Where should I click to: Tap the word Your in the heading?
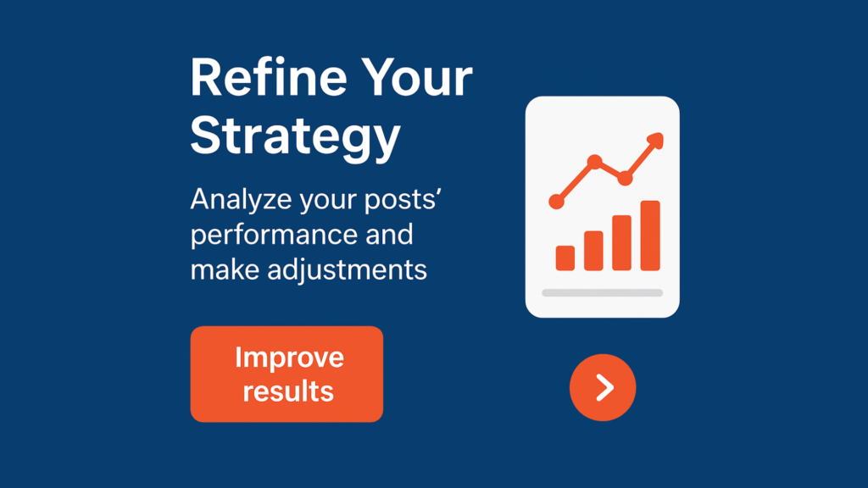[x=418, y=78]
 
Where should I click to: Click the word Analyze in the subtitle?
[x=241, y=200]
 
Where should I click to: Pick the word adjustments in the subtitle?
[x=347, y=270]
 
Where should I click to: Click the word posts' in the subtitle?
[x=403, y=200]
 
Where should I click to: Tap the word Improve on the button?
[x=290, y=358]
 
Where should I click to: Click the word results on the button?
[x=288, y=391]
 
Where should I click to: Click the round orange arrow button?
[x=603, y=387]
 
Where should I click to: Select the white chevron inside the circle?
[x=604, y=387]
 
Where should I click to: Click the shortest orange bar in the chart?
[x=565, y=258]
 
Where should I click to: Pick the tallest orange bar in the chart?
[x=650, y=236]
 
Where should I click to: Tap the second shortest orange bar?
[x=593, y=251]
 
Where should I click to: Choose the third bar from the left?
[x=621, y=243]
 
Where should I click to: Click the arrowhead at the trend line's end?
[x=656, y=140]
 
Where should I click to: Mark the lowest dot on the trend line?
[x=556, y=202]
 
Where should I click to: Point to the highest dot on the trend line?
[x=594, y=162]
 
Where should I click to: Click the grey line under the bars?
[x=603, y=292]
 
